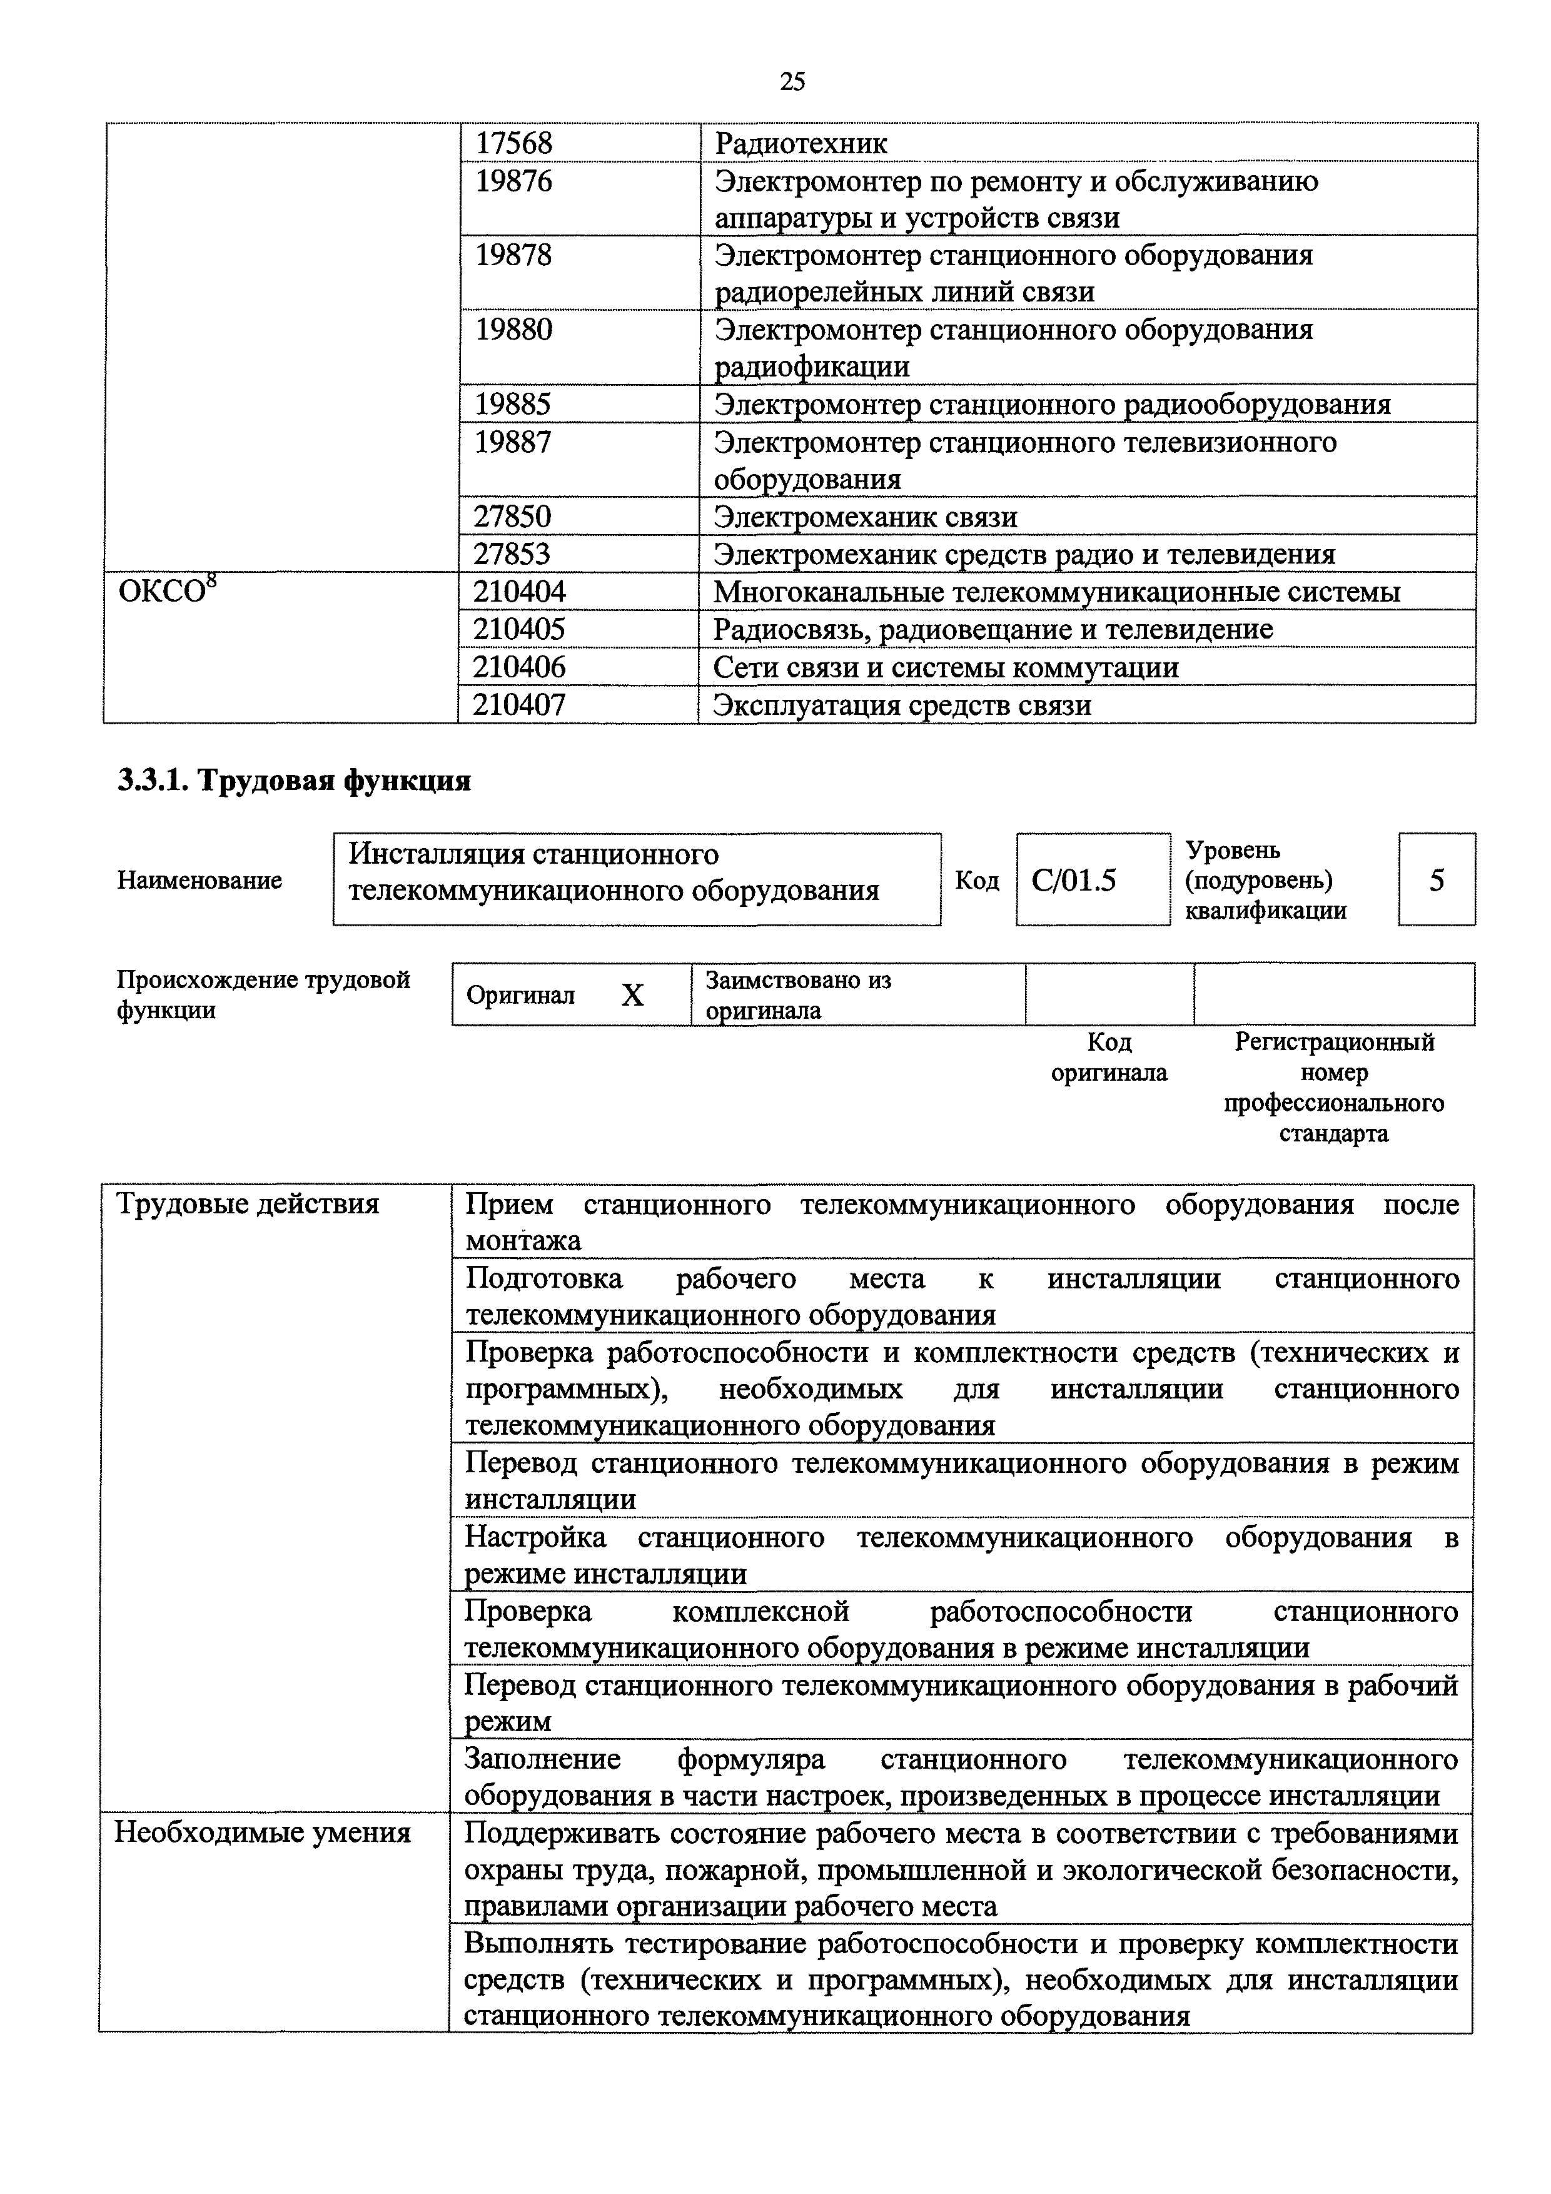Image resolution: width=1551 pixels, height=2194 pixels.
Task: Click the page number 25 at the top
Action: (792, 82)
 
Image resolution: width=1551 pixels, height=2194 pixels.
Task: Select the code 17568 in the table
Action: (514, 143)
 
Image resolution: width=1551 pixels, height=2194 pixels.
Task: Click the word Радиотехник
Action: (801, 143)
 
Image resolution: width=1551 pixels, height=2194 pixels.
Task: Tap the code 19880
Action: (514, 330)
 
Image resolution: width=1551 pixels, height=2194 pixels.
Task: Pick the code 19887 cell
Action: (514, 442)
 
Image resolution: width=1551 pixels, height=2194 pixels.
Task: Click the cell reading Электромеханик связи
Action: (866, 517)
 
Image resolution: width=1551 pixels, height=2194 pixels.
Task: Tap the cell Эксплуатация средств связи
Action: (902, 705)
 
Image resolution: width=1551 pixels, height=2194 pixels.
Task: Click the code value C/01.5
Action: (1074, 880)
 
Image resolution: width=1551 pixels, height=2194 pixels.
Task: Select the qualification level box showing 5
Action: (1437, 880)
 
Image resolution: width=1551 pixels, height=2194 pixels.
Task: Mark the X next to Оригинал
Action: (633, 996)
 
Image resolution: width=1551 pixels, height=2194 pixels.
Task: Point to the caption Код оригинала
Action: (1109, 1057)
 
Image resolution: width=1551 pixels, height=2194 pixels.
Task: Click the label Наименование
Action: (200, 880)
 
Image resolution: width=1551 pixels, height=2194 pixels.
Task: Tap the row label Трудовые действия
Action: (248, 1204)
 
